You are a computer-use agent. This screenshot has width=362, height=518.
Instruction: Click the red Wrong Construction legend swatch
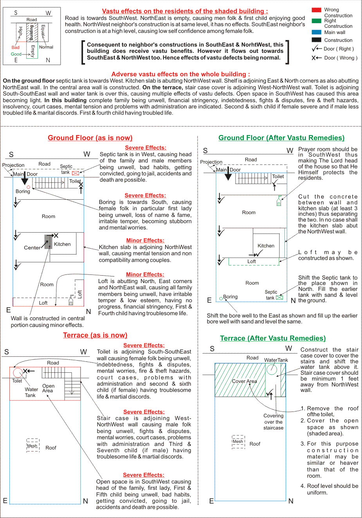[x=316, y=10]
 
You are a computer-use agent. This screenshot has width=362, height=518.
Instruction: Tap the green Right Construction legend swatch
[x=316, y=21]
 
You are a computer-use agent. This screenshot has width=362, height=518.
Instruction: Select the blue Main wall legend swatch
[x=316, y=32]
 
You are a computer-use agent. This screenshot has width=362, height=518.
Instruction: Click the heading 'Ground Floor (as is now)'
[x=90, y=138]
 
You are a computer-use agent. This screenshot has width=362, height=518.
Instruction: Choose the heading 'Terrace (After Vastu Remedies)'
[x=273, y=338]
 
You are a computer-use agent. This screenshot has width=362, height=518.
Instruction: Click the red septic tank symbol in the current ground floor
[x=76, y=173]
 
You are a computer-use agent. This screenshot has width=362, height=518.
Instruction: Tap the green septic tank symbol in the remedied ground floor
[x=279, y=298]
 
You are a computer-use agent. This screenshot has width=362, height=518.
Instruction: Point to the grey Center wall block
[x=48, y=242]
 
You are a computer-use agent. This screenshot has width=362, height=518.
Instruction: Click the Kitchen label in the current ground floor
[x=62, y=244]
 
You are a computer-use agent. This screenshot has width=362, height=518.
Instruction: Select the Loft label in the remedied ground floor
[x=252, y=262]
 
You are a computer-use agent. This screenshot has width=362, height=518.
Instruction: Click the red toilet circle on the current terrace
[x=17, y=372]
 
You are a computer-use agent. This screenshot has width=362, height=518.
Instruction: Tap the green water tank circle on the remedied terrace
[x=272, y=369]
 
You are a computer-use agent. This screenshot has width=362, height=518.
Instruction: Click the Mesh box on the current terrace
[x=32, y=446]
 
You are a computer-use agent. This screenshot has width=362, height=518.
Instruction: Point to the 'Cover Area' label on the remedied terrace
[x=245, y=381]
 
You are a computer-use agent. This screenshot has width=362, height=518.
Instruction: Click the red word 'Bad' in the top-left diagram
[x=16, y=47]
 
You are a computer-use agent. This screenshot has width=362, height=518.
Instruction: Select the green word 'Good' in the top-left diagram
[x=16, y=54]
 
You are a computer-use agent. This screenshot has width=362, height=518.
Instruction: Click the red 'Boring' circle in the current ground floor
[x=28, y=187]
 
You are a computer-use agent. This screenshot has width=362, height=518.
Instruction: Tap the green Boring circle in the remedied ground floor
[x=221, y=298]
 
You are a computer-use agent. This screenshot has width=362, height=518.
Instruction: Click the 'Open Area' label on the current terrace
[x=48, y=388]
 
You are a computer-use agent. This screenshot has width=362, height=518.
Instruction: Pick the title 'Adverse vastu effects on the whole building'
[x=180, y=74]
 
